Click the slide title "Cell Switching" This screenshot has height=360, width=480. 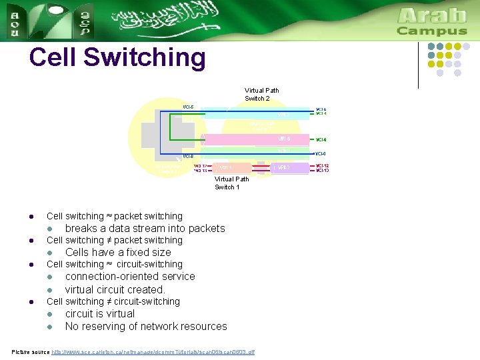coord(117,58)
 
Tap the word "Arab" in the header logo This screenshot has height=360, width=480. coord(432,15)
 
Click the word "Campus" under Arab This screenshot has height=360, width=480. coord(432,31)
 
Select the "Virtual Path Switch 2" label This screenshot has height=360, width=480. coord(262,94)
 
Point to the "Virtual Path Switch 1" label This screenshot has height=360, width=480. coord(231,183)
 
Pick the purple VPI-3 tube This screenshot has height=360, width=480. coord(291,167)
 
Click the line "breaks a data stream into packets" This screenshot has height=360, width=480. coord(145,228)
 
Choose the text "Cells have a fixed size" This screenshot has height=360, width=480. coord(118,252)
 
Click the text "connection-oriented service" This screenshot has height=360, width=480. coord(130,276)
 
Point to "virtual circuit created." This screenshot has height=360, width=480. coord(115,289)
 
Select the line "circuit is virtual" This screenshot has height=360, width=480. coord(99,313)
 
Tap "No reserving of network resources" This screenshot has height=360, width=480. coord(146,326)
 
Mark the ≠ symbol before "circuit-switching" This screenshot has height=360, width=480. coord(110,301)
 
